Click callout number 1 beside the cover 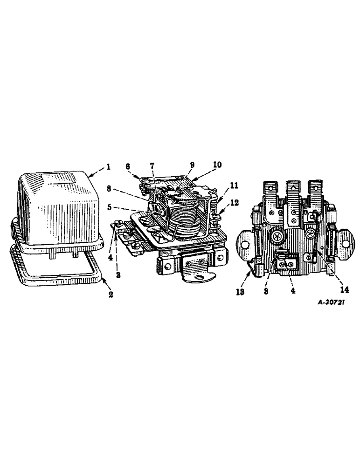109,166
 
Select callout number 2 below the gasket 111,295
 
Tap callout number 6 127,166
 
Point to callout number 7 152,167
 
